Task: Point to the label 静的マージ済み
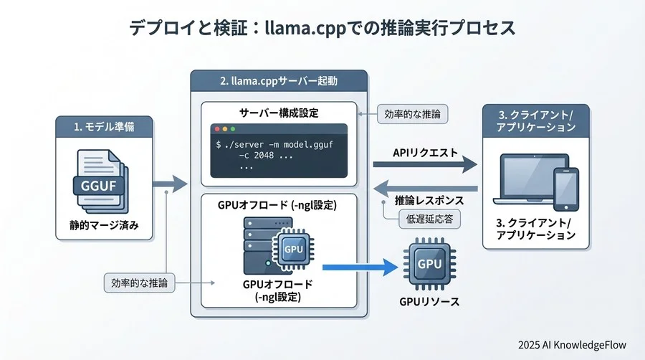coord(103,229)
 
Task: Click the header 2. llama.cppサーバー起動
coord(279,81)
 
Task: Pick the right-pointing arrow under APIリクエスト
coord(425,166)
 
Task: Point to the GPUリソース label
coord(429,303)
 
